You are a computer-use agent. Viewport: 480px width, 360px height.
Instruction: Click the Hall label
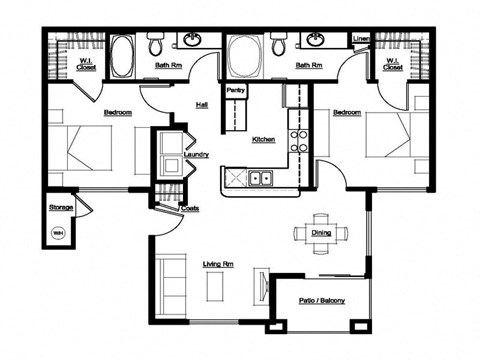point(201,104)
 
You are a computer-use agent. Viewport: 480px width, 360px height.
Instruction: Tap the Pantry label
point(237,90)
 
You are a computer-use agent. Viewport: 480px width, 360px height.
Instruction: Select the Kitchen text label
point(263,139)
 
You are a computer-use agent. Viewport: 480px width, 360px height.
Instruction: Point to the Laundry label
point(196,155)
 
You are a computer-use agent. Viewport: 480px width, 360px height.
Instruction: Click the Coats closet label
point(190,208)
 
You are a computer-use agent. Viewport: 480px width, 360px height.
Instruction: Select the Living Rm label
point(218,264)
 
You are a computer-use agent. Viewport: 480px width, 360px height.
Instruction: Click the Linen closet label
point(362,41)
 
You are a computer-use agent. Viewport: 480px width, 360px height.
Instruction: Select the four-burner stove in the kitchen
point(297,138)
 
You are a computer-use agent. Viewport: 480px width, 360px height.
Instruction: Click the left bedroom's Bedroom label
point(117,113)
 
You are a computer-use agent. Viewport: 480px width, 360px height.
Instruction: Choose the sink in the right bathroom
point(315,41)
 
